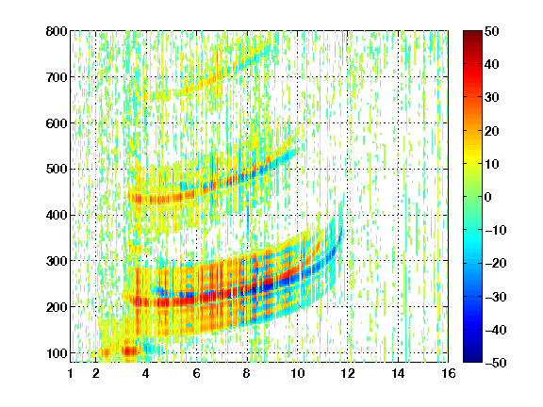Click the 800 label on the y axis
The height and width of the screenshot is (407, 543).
click(57, 31)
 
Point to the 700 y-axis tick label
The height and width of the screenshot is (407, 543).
click(57, 77)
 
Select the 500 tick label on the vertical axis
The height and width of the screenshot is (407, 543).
click(57, 170)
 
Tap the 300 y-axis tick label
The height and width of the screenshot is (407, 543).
click(57, 261)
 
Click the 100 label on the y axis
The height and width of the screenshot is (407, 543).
click(57, 353)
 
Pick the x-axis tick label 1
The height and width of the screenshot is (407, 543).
click(71, 373)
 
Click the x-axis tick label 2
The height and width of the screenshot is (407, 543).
click(96, 373)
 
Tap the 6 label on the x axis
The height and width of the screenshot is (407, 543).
click(197, 373)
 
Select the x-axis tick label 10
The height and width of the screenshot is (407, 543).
click(298, 373)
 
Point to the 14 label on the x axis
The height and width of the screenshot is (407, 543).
click(398, 373)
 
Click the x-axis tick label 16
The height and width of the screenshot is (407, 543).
click(449, 373)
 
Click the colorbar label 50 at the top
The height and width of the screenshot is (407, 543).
click(491, 31)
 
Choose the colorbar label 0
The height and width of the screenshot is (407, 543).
click(488, 197)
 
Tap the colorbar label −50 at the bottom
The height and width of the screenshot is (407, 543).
click(496, 363)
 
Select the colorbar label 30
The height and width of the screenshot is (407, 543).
click(491, 98)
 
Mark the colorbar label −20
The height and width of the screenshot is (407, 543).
click(496, 263)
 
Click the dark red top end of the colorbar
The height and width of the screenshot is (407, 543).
click(472, 33)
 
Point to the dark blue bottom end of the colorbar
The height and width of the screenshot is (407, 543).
click(472, 360)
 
